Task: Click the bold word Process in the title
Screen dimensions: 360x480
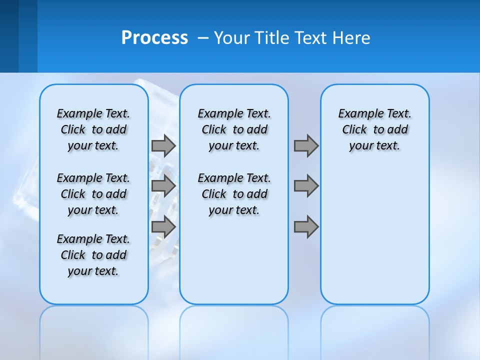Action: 154,38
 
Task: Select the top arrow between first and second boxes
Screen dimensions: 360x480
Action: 163,146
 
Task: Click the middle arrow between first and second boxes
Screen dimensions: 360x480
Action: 163,186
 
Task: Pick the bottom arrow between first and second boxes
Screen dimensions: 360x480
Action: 163,227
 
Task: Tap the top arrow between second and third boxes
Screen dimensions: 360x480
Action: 306,146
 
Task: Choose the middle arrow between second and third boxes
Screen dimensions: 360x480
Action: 306,186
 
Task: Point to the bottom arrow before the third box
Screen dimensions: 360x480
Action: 306,227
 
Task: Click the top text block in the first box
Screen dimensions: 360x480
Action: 93,129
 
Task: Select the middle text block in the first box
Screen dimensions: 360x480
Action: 93,194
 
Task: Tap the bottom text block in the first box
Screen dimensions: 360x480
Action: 93,255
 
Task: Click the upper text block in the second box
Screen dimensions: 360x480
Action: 234,129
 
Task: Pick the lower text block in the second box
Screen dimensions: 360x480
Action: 234,194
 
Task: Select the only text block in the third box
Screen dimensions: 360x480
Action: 374,129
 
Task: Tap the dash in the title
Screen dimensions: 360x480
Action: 203,38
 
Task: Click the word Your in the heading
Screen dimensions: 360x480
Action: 232,38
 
